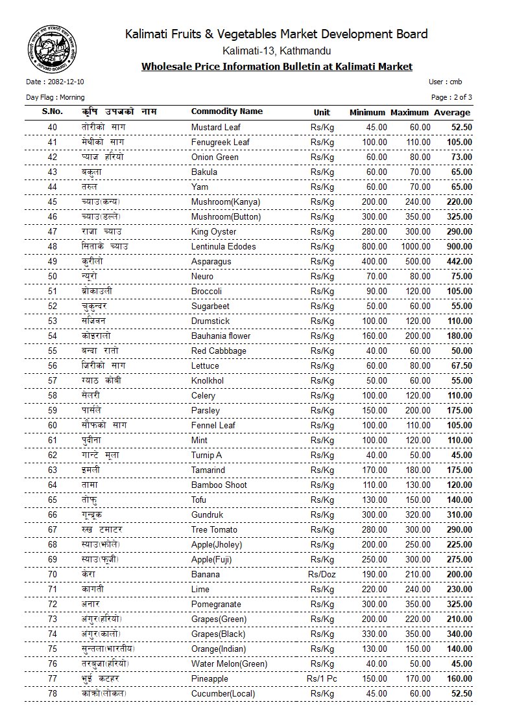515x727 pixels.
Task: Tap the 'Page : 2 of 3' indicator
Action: pyautogui.click(x=451, y=97)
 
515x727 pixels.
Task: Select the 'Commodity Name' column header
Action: pyautogui.click(x=226, y=111)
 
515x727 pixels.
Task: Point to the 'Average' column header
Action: pyautogui.click(x=452, y=113)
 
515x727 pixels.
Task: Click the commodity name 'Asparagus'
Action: pyautogui.click(x=211, y=262)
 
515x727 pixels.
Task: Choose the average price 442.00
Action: pyautogui.click(x=459, y=262)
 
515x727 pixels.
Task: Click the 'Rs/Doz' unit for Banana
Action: pyautogui.click(x=322, y=575)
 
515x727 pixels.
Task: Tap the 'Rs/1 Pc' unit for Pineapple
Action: pyautogui.click(x=322, y=679)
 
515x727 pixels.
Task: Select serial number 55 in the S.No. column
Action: pyautogui.click(x=53, y=351)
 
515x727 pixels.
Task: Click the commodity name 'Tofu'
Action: pyautogui.click(x=200, y=500)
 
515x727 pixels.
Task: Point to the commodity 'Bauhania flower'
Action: pyautogui.click(x=221, y=336)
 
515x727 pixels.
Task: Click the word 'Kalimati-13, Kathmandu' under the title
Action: pyautogui.click(x=276, y=51)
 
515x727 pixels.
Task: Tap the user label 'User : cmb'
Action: pyautogui.click(x=445, y=82)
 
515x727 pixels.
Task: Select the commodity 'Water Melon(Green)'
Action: pyautogui.click(x=229, y=664)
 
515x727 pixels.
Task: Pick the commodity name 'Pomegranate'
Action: pyautogui.click(x=215, y=605)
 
